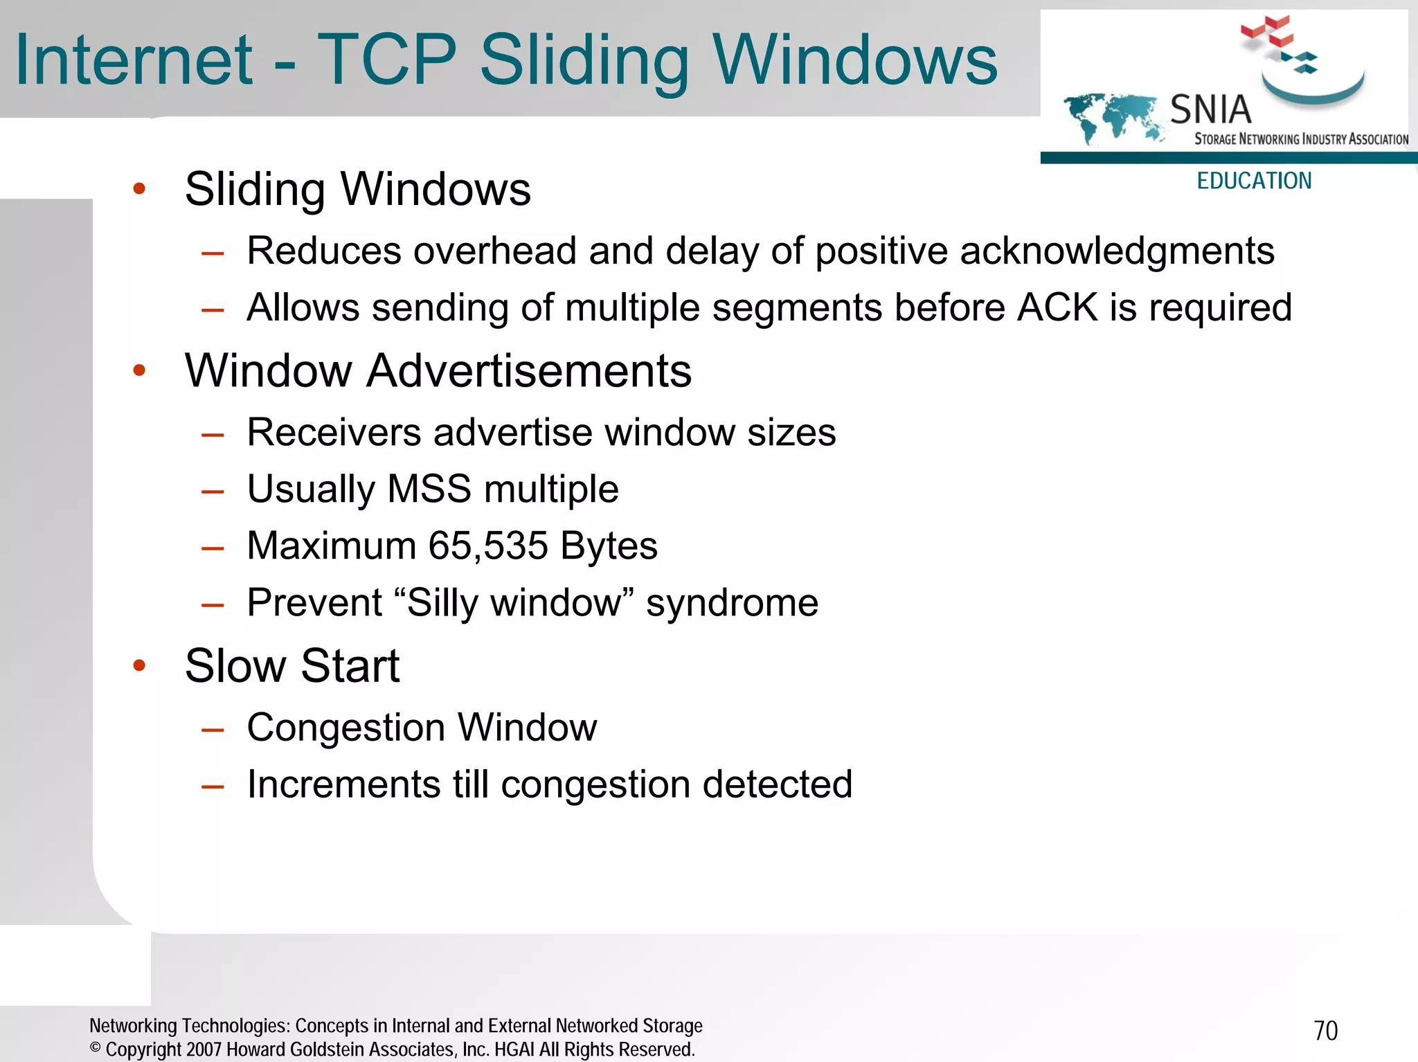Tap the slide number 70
coord(1325,1031)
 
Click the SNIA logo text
coord(1210,109)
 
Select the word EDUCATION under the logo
coord(1254,181)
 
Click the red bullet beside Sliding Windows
coord(139,188)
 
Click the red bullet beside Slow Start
coord(139,665)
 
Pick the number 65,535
coord(487,546)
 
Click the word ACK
coord(1057,307)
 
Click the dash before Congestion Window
coord(213,730)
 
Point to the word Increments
coord(343,784)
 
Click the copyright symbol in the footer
coord(96,1047)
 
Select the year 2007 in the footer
coord(204,1050)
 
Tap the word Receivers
coord(334,433)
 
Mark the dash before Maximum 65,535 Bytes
coord(213,548)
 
